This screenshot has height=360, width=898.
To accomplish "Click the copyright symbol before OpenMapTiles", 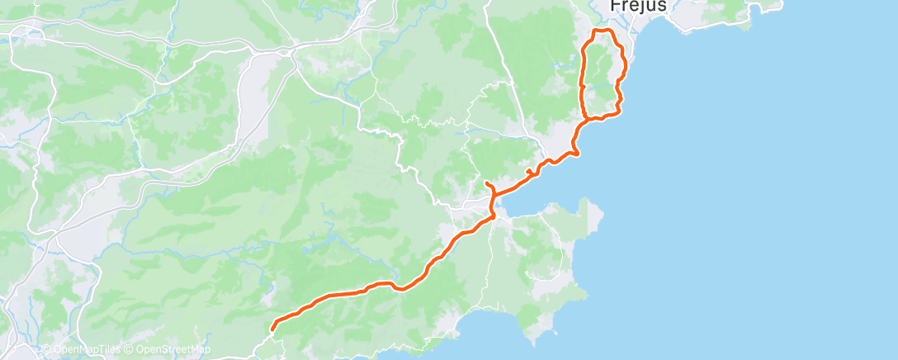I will click(45, 349).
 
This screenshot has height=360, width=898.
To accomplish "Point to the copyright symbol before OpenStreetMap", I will click(130, 349).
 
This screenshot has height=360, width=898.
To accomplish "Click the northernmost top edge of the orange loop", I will click(603, 31).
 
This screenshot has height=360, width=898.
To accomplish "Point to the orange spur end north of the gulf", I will click(487, 182).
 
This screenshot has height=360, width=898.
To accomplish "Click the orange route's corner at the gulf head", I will click(493, 216).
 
